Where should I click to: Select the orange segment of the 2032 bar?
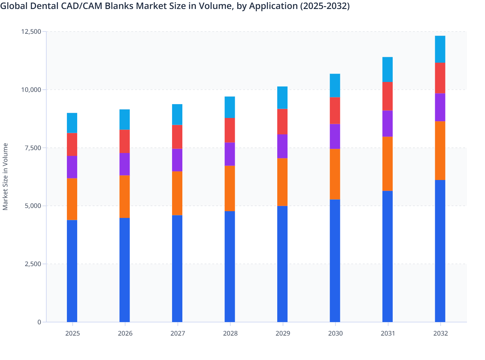tap(440, 150)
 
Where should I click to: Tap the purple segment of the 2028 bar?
tap(230, 154)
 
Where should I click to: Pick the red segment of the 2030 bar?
tap(335, 111)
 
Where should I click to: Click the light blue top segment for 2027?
tap(177, 114)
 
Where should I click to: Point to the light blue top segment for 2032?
tap(440, 49)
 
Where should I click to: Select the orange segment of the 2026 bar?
tap(124, 196)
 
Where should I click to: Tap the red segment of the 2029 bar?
tap(282, 122)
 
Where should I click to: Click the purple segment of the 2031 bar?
tap(387, 123)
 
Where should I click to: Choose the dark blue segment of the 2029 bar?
tap(282, 264)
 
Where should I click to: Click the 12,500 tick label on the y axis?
tap(31, 32)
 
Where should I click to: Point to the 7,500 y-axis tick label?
tap(33, 148)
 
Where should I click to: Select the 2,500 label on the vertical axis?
tap(33, 264)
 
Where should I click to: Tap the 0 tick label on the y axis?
tap(39, 322)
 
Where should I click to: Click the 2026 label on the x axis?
tap(125, 333)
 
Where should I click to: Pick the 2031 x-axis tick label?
tap(388, 333)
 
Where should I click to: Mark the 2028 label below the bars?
tap(230, 333)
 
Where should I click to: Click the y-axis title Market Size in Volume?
tap(5, 177)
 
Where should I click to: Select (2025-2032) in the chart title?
tap(325, 6)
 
